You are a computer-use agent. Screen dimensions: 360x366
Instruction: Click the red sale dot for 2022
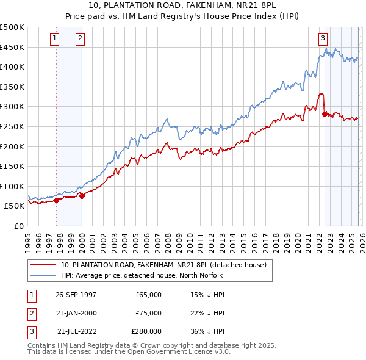[325, 114]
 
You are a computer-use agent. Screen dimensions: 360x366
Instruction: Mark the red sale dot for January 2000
[82, 196]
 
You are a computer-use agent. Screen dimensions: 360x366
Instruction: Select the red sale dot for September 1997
[57, 200]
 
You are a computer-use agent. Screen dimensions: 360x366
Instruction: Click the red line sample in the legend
[43, 265]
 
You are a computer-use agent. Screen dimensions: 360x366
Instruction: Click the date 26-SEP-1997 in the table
[76, 295]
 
